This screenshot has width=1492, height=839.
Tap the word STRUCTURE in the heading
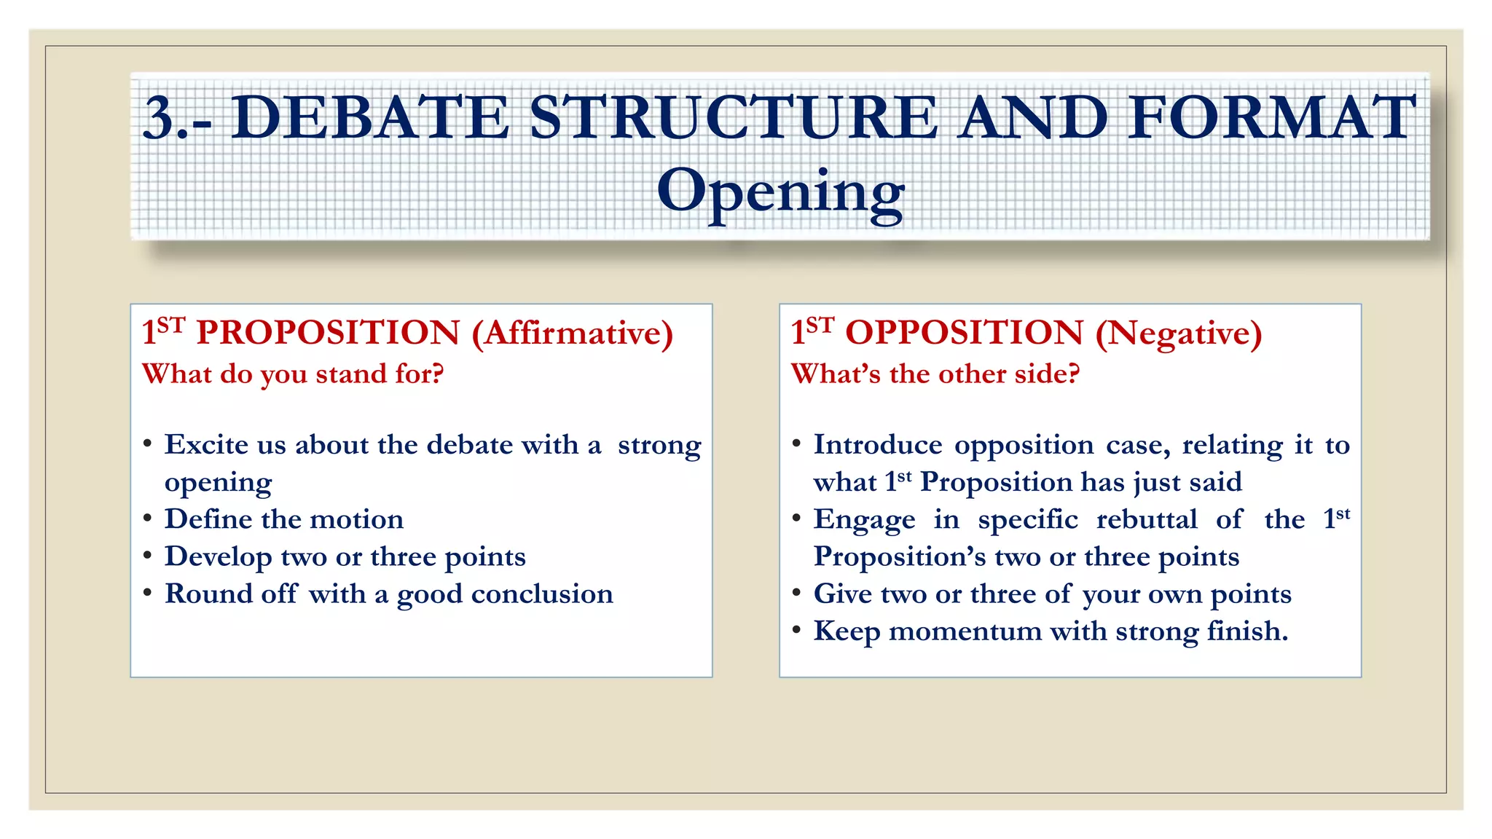[733, 118]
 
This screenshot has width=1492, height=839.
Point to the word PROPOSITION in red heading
[328, 334]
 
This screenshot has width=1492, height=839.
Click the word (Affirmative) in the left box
[573, 334]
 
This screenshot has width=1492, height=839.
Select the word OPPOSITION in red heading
[964, 334]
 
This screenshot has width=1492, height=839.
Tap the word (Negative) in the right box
[1179, 334]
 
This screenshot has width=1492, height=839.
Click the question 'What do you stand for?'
[293, 374]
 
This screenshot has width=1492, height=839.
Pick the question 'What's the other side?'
[935, 374]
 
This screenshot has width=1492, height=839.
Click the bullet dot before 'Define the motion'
[148, 519]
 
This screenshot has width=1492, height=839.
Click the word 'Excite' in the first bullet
[205, 445]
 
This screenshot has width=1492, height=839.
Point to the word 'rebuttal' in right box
[1147, 520]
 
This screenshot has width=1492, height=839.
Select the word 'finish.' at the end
[1247, 631]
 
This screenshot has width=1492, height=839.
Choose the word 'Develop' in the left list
[218, 557]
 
